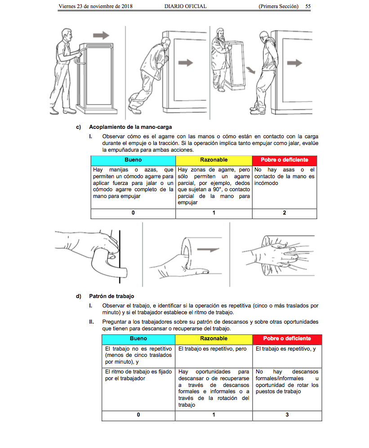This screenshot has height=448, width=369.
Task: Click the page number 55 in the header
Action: pos(308,7)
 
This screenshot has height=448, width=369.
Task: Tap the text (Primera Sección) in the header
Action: pos(279,7)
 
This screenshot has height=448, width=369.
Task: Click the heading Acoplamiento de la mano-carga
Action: pos(130,127)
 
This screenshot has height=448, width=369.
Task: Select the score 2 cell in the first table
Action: pos(285,213)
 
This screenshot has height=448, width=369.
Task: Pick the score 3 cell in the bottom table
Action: pos(287,415)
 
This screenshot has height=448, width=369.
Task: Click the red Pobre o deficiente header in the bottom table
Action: pos(287,339)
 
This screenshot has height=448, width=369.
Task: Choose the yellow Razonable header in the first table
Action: pos(213,160)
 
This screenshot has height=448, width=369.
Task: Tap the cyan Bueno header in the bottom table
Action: pos(138,339)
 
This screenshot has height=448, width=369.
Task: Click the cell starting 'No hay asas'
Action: pos(285,176)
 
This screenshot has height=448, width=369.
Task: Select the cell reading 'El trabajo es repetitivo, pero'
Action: pos(213,349)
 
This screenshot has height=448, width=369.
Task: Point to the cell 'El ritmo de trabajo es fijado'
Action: pos(138,375)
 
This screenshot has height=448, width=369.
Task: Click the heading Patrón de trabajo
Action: pos(111,296)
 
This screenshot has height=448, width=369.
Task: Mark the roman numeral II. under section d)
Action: pos(92,322)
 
